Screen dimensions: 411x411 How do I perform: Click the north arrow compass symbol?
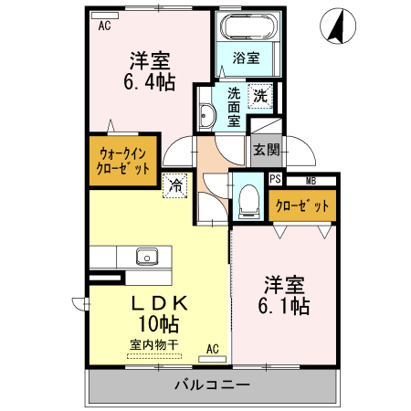pos(336,26)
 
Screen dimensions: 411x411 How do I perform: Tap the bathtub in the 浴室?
pos(246,27)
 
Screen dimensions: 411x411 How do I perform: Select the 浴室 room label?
pos(246,58)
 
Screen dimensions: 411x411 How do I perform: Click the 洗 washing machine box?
pos(261,95)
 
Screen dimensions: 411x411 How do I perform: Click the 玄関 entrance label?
pos(265,149)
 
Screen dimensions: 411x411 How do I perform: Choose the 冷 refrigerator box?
pos(174,184)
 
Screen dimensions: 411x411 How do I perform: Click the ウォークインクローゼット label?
pos(123,162)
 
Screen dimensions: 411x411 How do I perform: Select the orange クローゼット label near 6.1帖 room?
pos(302,205)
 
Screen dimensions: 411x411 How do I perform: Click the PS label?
pos(275,181)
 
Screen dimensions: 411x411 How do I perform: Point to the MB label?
pos(311,181)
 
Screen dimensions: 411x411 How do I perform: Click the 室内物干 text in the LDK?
pos(153,343)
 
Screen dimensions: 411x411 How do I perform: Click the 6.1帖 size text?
pos(286,306)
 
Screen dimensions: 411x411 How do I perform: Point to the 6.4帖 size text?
pos(151,82)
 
